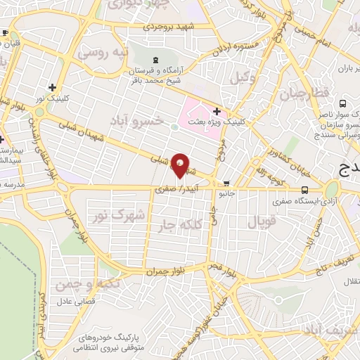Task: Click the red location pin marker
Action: coord(181,165)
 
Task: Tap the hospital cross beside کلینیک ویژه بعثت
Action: coord(217,111)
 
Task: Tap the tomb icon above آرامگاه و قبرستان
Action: coord(155,60)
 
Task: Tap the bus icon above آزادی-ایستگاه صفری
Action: coord(304,190)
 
